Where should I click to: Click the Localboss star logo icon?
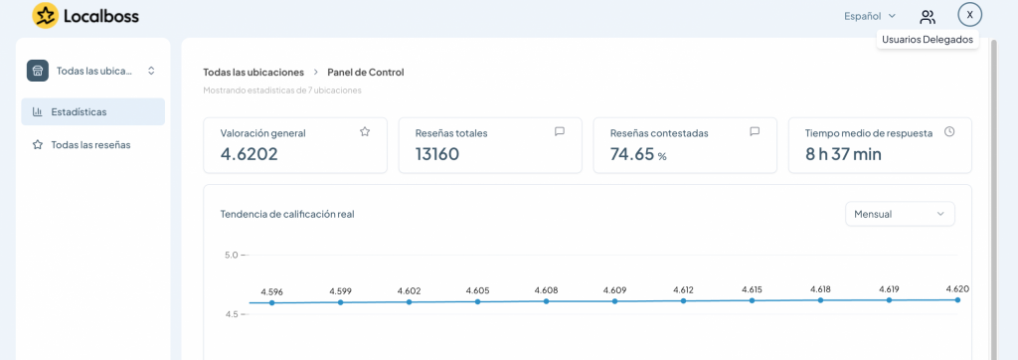(45, 16)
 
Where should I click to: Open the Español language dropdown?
(870, 16)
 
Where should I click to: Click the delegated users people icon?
(928, 16)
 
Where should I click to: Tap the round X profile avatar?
(970, 15)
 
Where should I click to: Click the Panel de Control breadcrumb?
(366, 73)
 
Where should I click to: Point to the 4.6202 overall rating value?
(250, 154)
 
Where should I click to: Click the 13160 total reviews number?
(437, 154)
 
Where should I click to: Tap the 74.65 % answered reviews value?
(638, 154)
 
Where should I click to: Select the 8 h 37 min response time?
(843, 154)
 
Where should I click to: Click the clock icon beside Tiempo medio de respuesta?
(949, 131)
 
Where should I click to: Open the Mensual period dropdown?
(900, 214)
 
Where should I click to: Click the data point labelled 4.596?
(272, 302)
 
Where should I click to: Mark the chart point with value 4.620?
(957, 299)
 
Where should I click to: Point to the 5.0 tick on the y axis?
(232, 255)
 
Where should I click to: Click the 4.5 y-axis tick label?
(232, 314)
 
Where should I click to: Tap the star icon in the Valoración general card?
(365, 132)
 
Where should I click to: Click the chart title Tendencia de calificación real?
(287, 215)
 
